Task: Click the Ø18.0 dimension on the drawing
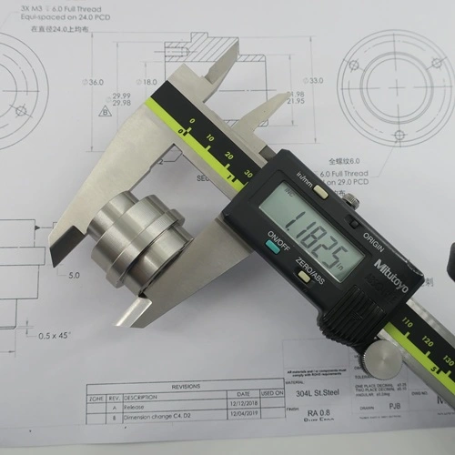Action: (x=147, y=81)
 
